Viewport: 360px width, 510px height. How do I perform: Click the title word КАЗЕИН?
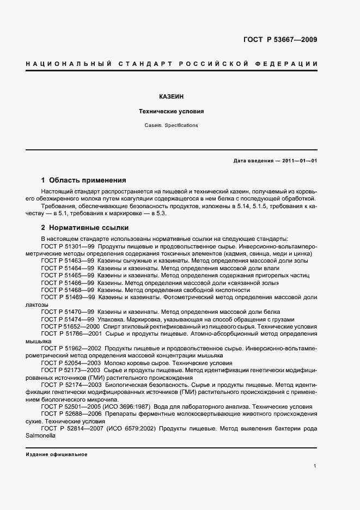point(171,96)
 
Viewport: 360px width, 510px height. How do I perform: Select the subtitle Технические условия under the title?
point(171,111)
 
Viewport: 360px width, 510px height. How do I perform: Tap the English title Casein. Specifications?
point(171,125)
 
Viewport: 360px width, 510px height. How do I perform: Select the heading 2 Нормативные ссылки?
point(85,228)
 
